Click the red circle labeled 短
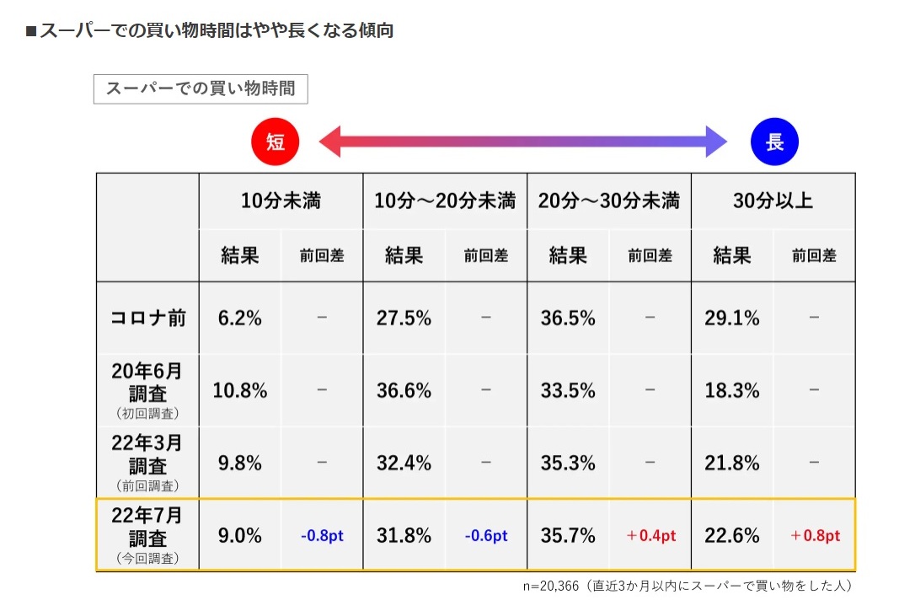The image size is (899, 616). tap(276, 142)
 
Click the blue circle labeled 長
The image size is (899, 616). tap(773, 142)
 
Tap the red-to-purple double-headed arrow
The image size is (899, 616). tap(522, 142)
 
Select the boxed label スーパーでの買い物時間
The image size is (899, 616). tap(201, 89)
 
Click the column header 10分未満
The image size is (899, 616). tap(281, 201)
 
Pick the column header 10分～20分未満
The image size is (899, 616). tap(445, 201)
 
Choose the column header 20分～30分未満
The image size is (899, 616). tap(609, 201)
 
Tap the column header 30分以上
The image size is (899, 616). tap(773, 201)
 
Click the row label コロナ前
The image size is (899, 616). tap(148, 319)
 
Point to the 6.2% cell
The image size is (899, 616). tap(240, 319)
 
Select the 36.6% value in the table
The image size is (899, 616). tap(404, 391)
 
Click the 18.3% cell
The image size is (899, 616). tap(731, 391)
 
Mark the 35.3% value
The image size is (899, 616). tap(568, 463)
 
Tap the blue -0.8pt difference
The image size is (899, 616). tap(322, 536)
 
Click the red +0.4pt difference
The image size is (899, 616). tap(650, 536)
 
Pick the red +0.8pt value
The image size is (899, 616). tap(815, 536)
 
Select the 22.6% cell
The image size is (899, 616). tap(731, 536)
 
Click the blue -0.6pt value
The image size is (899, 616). tap(486, 536)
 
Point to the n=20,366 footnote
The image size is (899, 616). tap(688, 586)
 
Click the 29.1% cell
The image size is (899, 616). tap(731, 319)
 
